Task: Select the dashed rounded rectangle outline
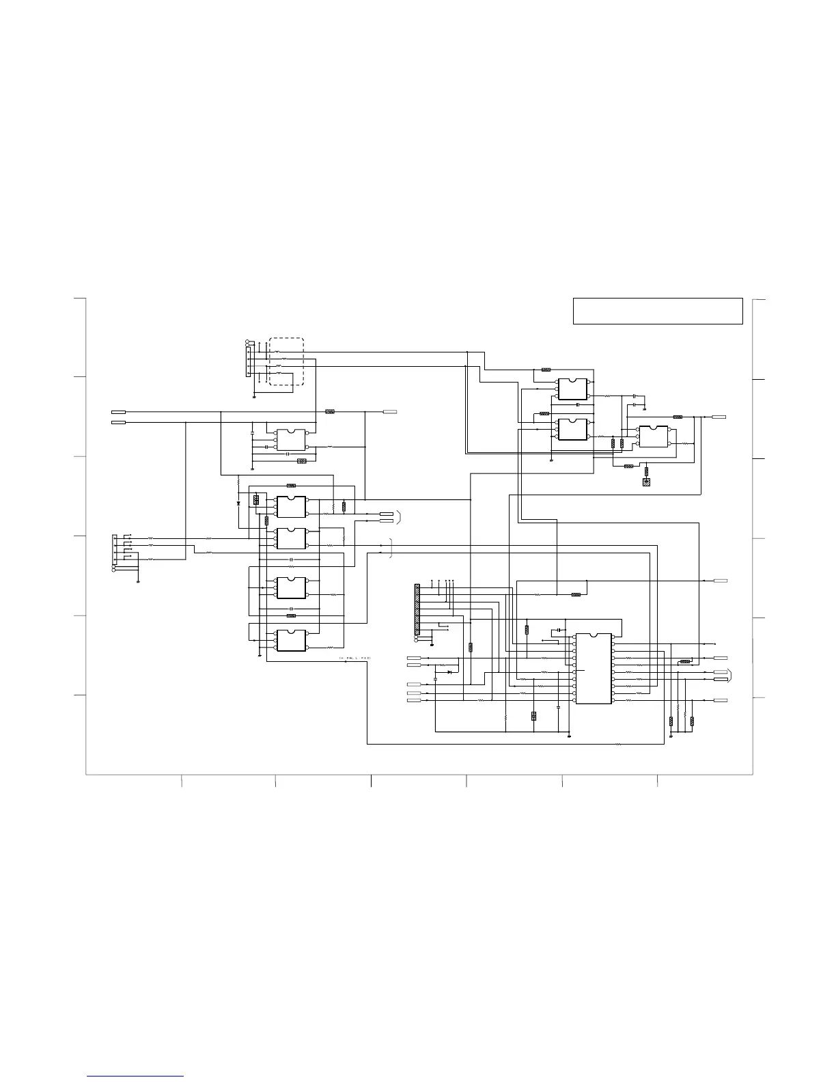[x=286, y=362]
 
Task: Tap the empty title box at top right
[x=657, y=311]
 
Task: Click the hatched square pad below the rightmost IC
[x=646, y=482]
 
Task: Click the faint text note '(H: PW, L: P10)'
[x=354, y=658]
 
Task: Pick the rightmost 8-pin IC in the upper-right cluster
[x=653, y=436]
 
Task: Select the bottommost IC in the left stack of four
[x=291, y=640]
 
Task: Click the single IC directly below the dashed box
[x=290, y=440]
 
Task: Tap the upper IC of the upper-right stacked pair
[x=572, y=389]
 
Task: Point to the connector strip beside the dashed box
[x=248, y=361]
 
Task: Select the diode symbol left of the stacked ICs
[x=238, y=503]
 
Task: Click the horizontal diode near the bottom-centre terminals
[x=449, y=672]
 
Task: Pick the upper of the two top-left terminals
[x=119, y=413]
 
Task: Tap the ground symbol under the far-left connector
[x=139, y=582]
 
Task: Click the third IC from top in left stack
[x=291, y=588]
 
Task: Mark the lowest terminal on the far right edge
[x=721, y=701]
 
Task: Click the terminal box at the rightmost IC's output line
[x=719, y=417]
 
